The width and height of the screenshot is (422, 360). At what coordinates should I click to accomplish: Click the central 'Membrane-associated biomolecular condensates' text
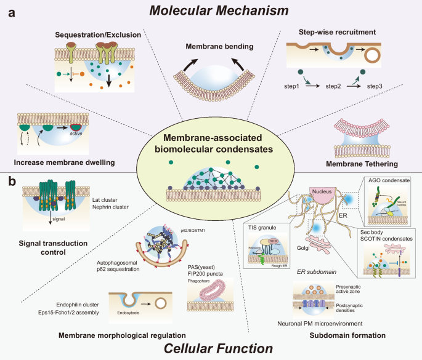[x=210, y=140]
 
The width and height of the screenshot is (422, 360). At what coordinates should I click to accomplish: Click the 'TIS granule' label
[x=260, y=227]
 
